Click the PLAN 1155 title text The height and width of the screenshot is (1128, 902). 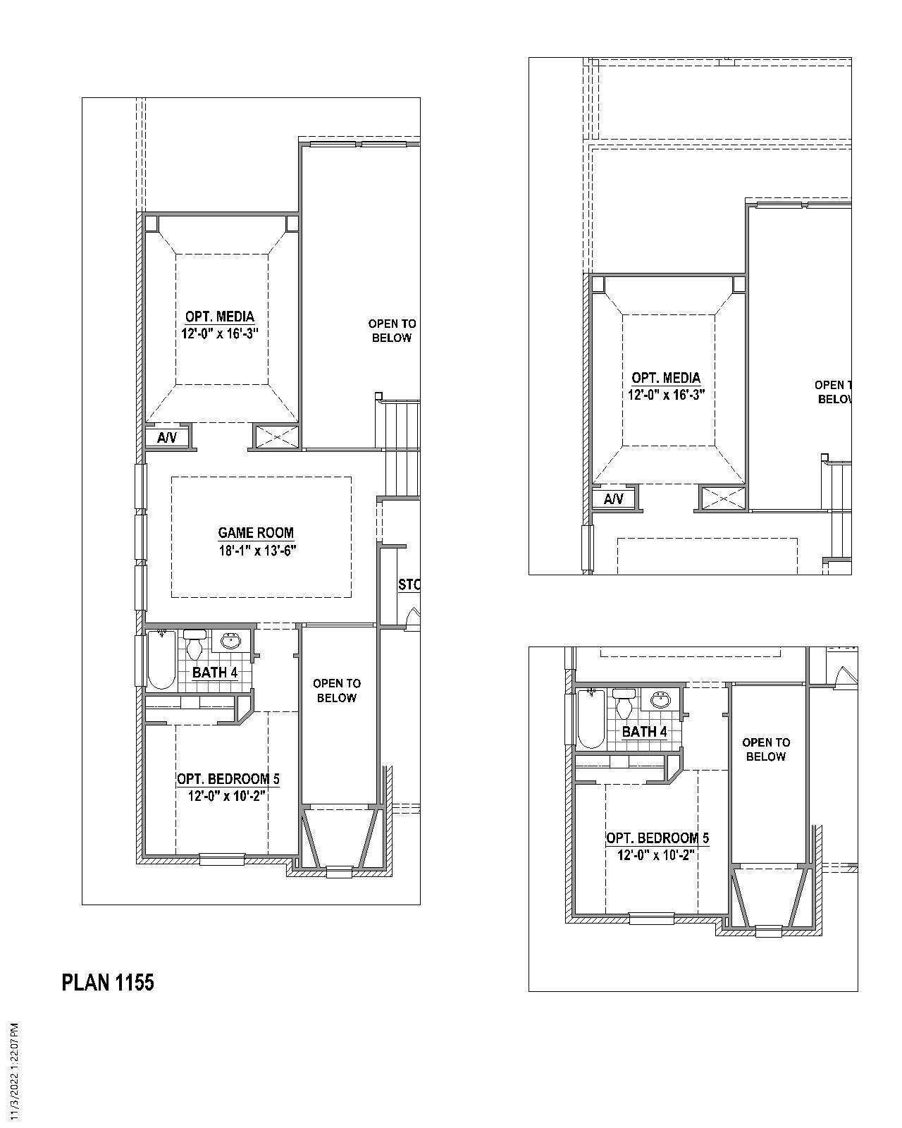point(108,982)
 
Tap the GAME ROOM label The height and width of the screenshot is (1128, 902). point(256,533)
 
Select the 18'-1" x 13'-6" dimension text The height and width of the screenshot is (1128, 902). point(257,551)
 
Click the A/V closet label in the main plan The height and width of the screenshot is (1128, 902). point(167,438)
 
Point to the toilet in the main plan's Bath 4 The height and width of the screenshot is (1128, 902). point(194,645)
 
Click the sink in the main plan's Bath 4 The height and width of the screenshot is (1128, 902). point(231,641)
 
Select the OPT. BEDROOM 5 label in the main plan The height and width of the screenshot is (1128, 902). point(228,779)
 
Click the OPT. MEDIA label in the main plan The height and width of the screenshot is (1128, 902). point(220,317)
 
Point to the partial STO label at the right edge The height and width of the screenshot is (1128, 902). point(409,584)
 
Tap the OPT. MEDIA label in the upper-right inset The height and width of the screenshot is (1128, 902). point(666,378)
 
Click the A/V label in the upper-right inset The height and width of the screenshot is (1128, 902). point(614,499)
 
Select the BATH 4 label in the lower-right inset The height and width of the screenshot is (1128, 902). point(644,732)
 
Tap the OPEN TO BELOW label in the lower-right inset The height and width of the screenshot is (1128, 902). point(765,749)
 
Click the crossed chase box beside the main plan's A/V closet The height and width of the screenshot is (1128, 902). point(276,436)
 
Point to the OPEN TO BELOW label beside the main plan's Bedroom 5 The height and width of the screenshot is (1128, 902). point(337,690)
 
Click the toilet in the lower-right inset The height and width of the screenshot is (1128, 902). point(624,704)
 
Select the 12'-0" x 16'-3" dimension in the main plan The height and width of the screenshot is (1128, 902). point(220,334)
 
